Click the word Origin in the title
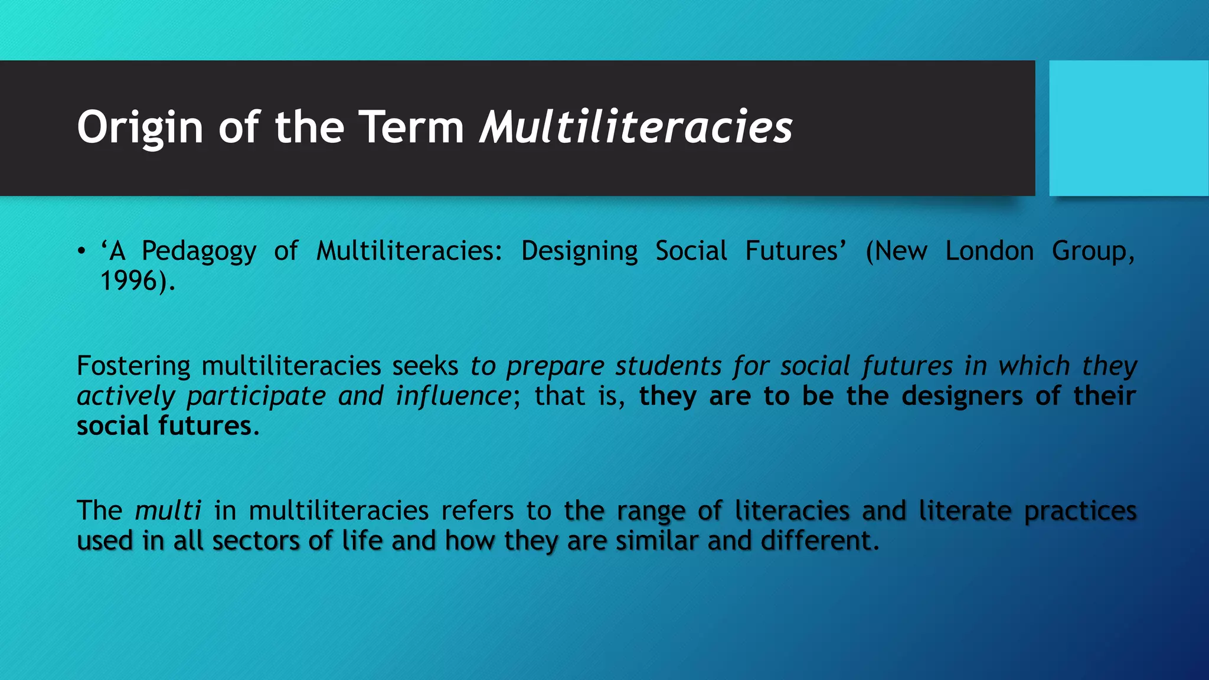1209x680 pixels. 140,127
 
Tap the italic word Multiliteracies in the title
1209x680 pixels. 636,127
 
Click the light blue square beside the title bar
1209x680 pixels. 1129,128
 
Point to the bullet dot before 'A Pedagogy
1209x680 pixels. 81,251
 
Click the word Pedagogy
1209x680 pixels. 199,251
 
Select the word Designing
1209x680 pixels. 579,251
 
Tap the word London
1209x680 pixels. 989,251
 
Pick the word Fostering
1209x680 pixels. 133,367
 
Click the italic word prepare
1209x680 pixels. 555,367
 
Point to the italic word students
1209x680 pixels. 668,367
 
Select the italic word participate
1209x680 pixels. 256,396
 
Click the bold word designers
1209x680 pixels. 962,396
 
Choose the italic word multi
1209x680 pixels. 168,511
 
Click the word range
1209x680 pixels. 651,511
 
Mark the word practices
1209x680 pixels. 1080,511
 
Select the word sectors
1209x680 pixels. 256,541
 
